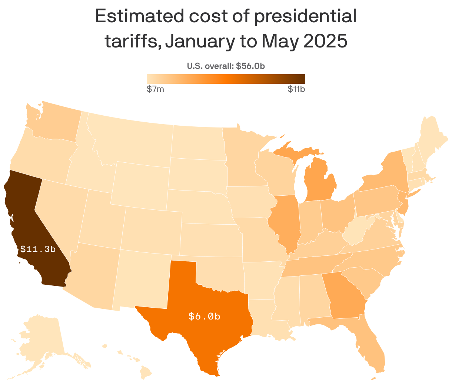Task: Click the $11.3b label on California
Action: pos(38,249)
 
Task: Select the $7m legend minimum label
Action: pos(155,89)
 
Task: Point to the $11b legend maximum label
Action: pos(296,89)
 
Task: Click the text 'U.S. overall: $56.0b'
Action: pos(226,66)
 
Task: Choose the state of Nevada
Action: pos(59,208)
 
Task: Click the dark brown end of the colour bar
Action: pos(300,79)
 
